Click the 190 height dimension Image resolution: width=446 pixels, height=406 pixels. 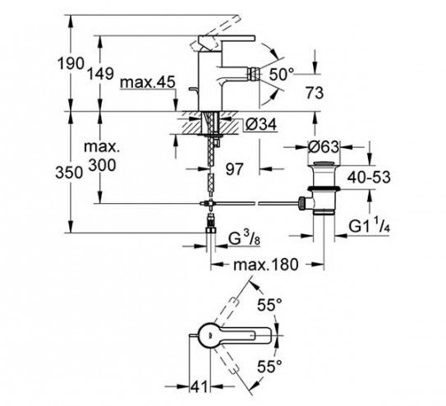71,63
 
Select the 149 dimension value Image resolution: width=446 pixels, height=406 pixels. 100,73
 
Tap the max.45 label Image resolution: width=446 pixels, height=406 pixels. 147,82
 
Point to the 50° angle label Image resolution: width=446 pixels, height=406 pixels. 281,74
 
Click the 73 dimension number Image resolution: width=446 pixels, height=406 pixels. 315,93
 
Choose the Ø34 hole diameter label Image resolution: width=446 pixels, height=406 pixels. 260,124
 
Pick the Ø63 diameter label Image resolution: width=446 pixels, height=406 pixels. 324,147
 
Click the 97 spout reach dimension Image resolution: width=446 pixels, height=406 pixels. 234,169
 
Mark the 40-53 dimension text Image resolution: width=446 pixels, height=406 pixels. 369,178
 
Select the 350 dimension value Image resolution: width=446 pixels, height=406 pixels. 69,173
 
